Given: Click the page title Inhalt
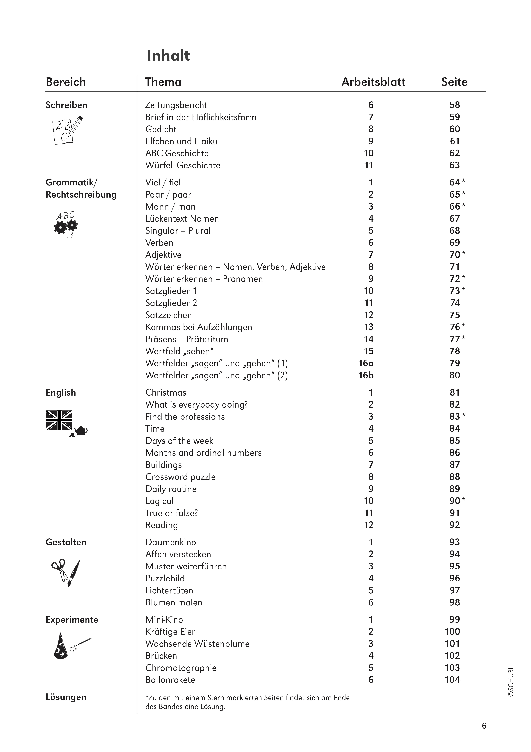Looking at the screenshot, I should (168, 56).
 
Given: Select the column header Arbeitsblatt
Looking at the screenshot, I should (373, 82).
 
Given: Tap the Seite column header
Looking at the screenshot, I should (454, 82).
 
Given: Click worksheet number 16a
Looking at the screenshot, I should (366, 363).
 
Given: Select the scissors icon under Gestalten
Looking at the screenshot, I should (60, 569).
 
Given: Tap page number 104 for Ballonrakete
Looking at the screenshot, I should (452, 680).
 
